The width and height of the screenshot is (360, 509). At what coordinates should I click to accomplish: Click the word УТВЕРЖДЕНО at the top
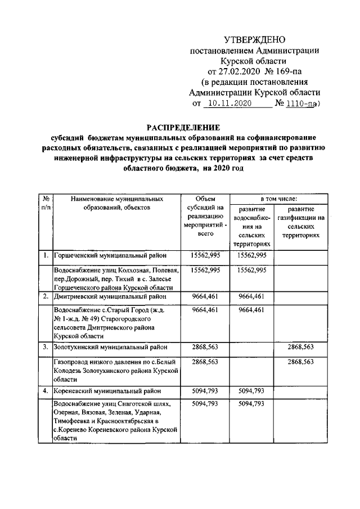[x=254, y=39]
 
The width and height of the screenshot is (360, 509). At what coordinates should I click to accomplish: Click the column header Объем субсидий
[x=205, y=216]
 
